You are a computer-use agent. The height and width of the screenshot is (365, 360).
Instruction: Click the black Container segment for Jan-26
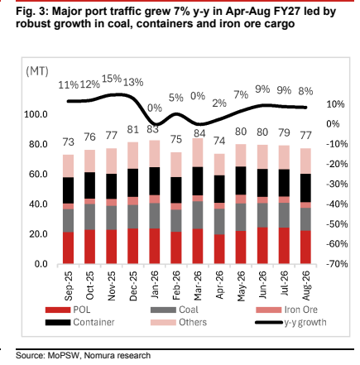click(155, 181)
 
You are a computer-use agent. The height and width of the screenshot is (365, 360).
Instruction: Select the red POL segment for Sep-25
click(68, 247)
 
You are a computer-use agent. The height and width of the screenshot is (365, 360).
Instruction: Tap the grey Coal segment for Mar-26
click(198, 215)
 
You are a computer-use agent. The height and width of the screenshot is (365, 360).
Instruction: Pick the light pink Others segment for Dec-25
click(132, 156)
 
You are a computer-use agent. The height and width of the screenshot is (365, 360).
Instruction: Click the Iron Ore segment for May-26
click(241, 199)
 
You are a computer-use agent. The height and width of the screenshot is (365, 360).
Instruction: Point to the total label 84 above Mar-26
click(199, 133)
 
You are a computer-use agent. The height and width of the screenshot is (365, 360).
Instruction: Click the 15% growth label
click(112, 79)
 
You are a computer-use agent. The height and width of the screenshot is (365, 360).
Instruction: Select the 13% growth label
click(133, 82)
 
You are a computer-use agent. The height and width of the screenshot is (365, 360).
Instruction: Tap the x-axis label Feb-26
click(176, 286)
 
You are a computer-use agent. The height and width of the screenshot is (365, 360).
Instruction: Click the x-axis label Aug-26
click(306, 286)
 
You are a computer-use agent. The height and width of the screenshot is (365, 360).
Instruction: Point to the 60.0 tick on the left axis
click(38, 175)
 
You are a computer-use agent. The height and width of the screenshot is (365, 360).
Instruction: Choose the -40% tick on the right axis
click(337, 204)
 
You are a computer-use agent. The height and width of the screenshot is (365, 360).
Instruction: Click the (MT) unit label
click(37, 71)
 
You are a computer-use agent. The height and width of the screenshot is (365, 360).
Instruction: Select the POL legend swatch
click(58, 310)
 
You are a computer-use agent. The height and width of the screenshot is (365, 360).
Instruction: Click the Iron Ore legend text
click(301, 310)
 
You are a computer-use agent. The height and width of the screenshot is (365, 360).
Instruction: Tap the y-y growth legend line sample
click(269, 322)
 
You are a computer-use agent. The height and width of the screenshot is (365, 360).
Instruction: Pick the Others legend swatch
click(163, 322)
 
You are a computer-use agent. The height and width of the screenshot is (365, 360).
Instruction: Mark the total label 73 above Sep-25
click(68, 142)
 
